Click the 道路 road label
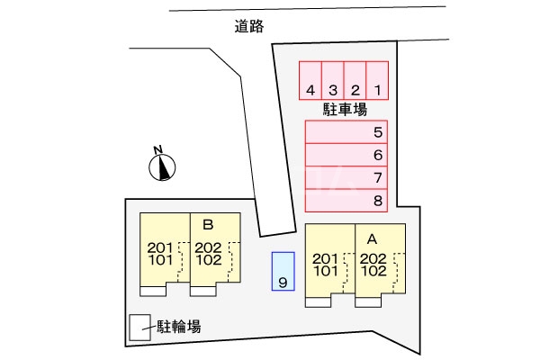click(x=249, y=26)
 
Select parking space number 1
click(x=377, y=81)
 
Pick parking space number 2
click(x=355, y=81)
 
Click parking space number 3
click(x=333, y=81)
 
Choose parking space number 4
click(x=310, y=81)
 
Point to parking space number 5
click(x=346, y=132)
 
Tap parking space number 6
click(x=346, y=155)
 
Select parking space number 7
click(x=346, y=177)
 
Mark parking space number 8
click(x=346, y=200)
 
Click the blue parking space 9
click(x=283, y=271)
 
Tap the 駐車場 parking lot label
click(x=345, y=110)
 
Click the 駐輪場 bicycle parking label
click(x=179, y=326)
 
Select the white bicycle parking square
click(x=139, y=328)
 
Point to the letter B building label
click(x=208, y=225)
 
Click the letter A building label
click(x=372, y=239)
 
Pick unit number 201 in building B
click(x=160, y=247)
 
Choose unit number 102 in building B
click(x=209, y=260)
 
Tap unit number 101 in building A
click(x=326, y=271)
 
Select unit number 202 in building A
click(x=373, y=258)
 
